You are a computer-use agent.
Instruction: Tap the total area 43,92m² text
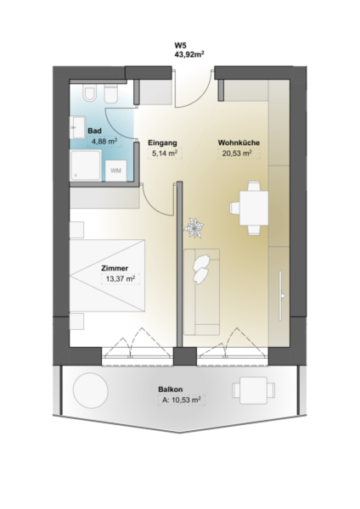click(x=189, y=54)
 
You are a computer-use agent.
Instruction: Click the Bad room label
click(x=94, y=131)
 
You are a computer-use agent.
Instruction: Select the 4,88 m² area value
click(x=104, y=142)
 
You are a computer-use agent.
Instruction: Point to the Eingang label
click(x=162, y=143)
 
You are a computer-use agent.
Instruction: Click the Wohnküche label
click(x=239, y=143)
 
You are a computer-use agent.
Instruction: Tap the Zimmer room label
click(x=115, y=268)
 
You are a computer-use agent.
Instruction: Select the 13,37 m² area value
click(x=121, y=279)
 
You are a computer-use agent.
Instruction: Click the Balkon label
click(x=171, y=389)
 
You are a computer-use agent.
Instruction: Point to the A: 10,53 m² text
click(x=181, y=400)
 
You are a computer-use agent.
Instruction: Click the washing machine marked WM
click(x=116, y=171)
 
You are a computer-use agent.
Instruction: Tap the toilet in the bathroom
click(x=89, y=93)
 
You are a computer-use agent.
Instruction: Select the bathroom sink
click(x=77, y=127)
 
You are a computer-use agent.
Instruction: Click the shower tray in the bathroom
click(x=86, y=165)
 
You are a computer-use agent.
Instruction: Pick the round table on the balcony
click(x=90, y=390)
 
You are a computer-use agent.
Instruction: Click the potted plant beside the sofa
click(x=194, y=228)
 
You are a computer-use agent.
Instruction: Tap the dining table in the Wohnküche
click(x=254, y=208)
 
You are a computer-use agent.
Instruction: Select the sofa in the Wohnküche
click(x=201, y=292)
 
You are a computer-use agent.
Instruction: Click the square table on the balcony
click(x=253, y=390)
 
